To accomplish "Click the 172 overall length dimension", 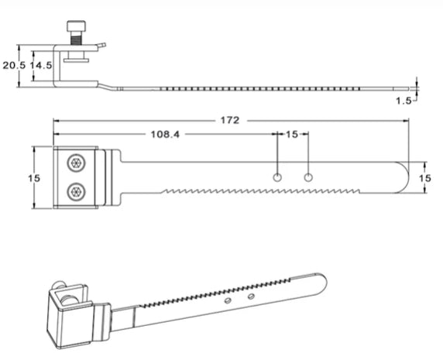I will click(230, 120).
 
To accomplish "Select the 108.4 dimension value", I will click(164, 134).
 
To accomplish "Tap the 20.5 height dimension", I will click(13, 66).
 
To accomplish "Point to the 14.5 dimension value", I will click(40, 66).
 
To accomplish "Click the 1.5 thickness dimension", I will click(403, 101).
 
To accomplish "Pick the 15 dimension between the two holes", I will click(292, 134).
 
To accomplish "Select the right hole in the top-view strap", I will click(308, 179).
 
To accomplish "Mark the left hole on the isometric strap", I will click(228, 299).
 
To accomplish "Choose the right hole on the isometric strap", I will click(251, 295).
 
